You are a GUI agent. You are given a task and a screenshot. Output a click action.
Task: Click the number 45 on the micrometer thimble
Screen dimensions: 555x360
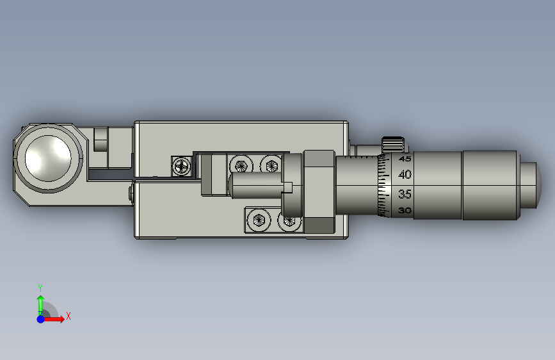click(405, 159)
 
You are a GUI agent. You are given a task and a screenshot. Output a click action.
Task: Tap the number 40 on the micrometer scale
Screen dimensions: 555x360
click(405, 174)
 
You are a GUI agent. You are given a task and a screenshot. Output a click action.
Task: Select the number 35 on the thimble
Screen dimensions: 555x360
click(405, 194)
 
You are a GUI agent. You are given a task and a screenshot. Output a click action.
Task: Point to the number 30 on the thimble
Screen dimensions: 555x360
click(405, 211)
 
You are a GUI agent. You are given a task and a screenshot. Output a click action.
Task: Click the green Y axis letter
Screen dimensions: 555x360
click(40, 288)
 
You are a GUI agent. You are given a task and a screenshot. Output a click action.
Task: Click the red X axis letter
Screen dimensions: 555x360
click(68, 316)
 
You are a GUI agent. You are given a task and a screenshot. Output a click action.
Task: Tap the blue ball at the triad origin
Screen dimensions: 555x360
click(41, 319)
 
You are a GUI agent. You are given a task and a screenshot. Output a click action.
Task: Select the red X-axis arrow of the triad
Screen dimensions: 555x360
click(53, 319)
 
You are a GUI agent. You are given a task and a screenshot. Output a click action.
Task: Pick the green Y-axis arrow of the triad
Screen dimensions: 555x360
click(41, 305)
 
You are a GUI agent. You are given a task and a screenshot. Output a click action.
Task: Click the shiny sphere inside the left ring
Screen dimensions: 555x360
click(48, 158)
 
